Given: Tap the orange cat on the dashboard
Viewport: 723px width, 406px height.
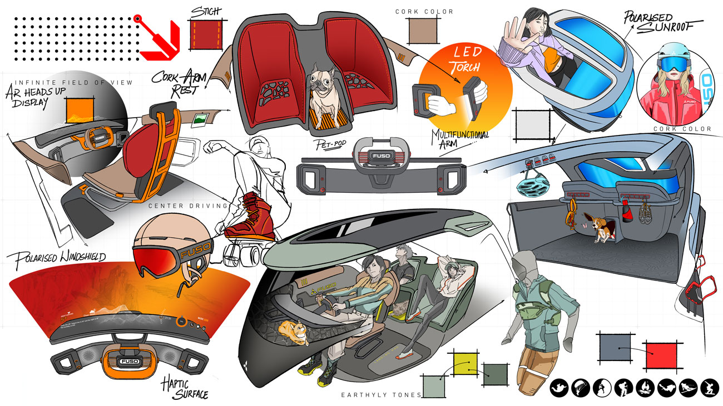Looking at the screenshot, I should click(x=295, y=333).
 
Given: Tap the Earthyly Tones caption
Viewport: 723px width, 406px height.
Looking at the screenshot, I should click(x=381, y=395).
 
